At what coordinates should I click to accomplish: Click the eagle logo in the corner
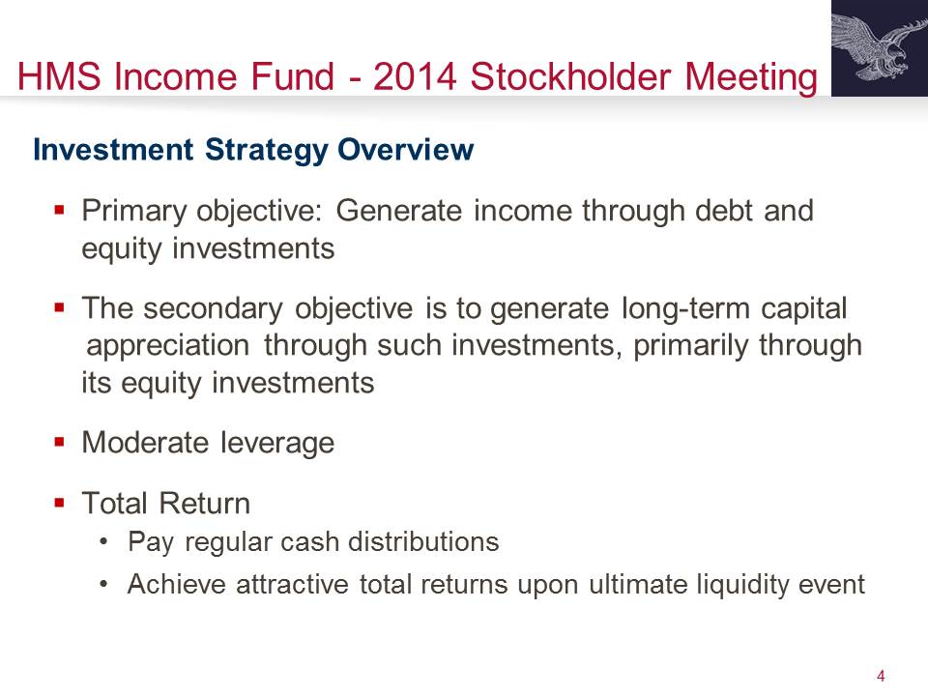(880, 48)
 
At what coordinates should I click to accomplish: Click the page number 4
(881, 676)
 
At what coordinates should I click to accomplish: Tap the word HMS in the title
(59, 76)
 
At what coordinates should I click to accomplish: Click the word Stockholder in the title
(571, 76)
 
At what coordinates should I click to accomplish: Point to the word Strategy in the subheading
(266, 151)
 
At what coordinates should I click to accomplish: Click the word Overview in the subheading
(405, 149)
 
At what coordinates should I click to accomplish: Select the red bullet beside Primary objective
(59, 210)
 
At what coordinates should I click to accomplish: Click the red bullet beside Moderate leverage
(59, 442)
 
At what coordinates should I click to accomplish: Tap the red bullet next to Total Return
(59, 503)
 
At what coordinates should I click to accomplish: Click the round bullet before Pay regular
(104, 541)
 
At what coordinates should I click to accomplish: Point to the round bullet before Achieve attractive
(104, 584)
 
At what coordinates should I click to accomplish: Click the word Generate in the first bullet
(399, 210)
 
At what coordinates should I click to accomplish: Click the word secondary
(213, 309)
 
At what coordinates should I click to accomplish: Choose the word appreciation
(168, 346)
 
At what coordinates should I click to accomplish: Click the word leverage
(277, 444)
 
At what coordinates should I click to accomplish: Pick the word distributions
(423, 541)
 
